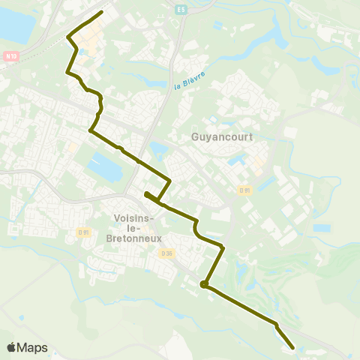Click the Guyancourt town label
222,137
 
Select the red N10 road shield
10,55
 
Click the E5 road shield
181,10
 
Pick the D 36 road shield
166,253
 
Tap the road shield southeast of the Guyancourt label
244,190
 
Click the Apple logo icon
12,347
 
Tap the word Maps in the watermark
33,347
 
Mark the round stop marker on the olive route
203,284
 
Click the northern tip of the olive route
101,12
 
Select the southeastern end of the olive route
292,346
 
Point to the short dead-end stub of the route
145,194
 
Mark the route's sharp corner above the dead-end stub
170,181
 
